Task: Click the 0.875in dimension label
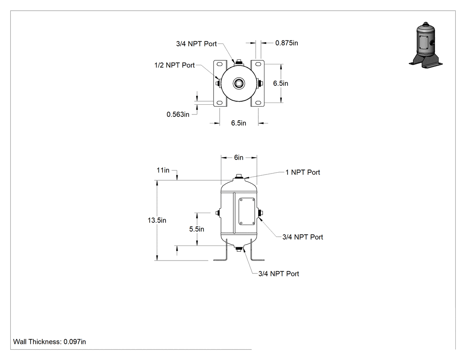click(287, 43)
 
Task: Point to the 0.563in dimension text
click(178, 115)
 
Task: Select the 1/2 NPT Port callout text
click(174, 65)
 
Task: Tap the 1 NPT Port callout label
click(303, 172)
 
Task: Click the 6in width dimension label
click(239, 158)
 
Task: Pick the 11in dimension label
click(163, 170)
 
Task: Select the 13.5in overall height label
click(157, 220)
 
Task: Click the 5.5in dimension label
click(197, 229)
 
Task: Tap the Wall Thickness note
click(50, 342)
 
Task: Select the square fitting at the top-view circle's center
click(239, 83)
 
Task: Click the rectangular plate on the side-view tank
click(247, 211)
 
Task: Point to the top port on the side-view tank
click(239, 177)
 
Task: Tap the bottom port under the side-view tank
click(239, 249)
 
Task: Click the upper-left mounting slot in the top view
click(220, 64)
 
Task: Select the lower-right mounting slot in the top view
click(258, 103)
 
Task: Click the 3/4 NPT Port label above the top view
click(197, 44)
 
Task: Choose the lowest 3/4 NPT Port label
click(278, 274)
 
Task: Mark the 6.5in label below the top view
click(239, 123)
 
